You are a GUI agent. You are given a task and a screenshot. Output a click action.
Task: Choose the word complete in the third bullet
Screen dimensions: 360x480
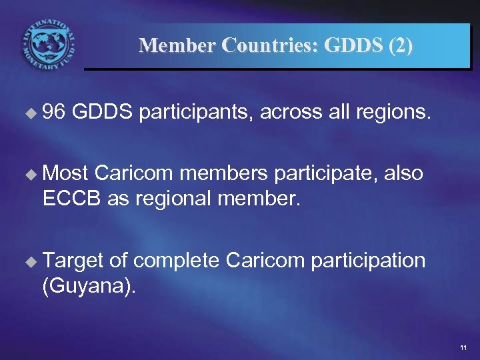(178, 260)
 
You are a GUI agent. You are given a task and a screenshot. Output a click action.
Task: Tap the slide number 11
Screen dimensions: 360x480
(463, 349)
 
